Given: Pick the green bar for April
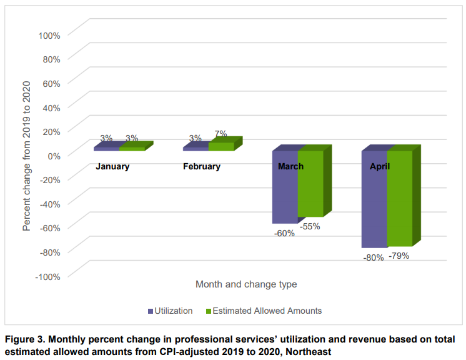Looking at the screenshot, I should pos(400,200).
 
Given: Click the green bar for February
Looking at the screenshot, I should pos(221,146).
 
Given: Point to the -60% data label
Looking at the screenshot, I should pos(284,233).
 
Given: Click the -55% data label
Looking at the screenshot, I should pos(310,226).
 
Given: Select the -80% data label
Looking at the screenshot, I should pos(373,257).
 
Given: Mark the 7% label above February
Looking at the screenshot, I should pos(220,134).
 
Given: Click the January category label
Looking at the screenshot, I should pos(112,167).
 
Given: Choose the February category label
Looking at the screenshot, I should pos(201,167).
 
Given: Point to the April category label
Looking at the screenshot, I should pos(380,167).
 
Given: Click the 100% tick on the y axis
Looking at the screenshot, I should pos(49,35).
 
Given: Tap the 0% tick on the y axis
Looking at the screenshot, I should pos(53,156).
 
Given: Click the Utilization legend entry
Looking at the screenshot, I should pos(170,311).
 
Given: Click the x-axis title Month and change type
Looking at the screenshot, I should pos(246,284).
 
